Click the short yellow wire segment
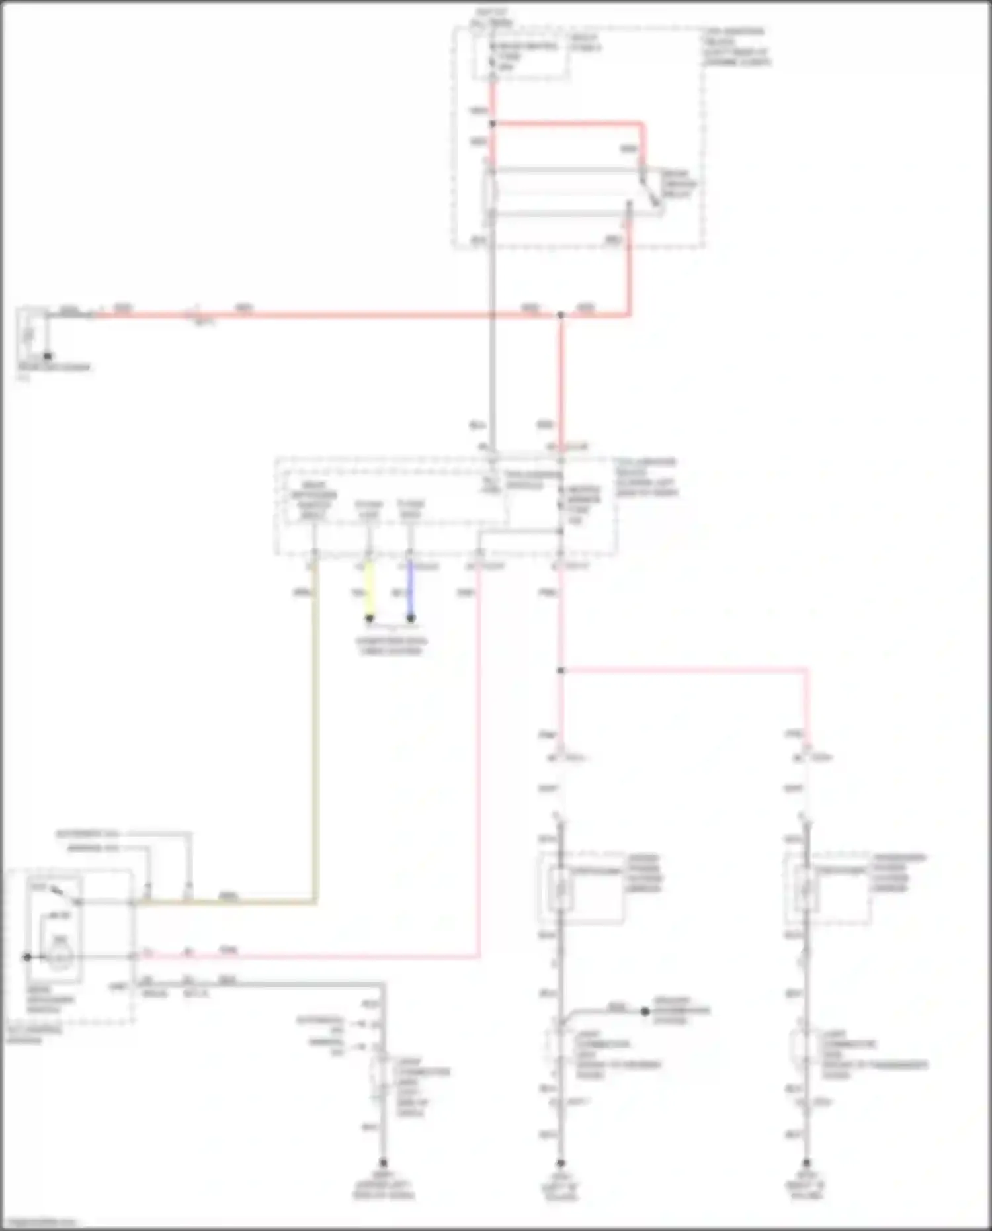coord(370,589)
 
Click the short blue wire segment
coord(410,589)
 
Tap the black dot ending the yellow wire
coord(370,618)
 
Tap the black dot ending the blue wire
coord(411,618)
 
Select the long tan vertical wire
coord(315,728)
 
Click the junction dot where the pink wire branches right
coord(560,671)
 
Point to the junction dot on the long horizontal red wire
coord(560,316)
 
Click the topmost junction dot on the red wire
coord(493,124)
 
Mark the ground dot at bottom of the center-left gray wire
coord(383,1163)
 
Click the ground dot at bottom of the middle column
coord(560,1163)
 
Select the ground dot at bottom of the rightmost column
coord(806,1163)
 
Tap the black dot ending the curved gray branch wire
coord(645,1011)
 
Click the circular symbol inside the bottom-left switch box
coord(60,956)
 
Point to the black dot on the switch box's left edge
coord(27,957)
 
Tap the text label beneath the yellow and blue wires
coord(391,646)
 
